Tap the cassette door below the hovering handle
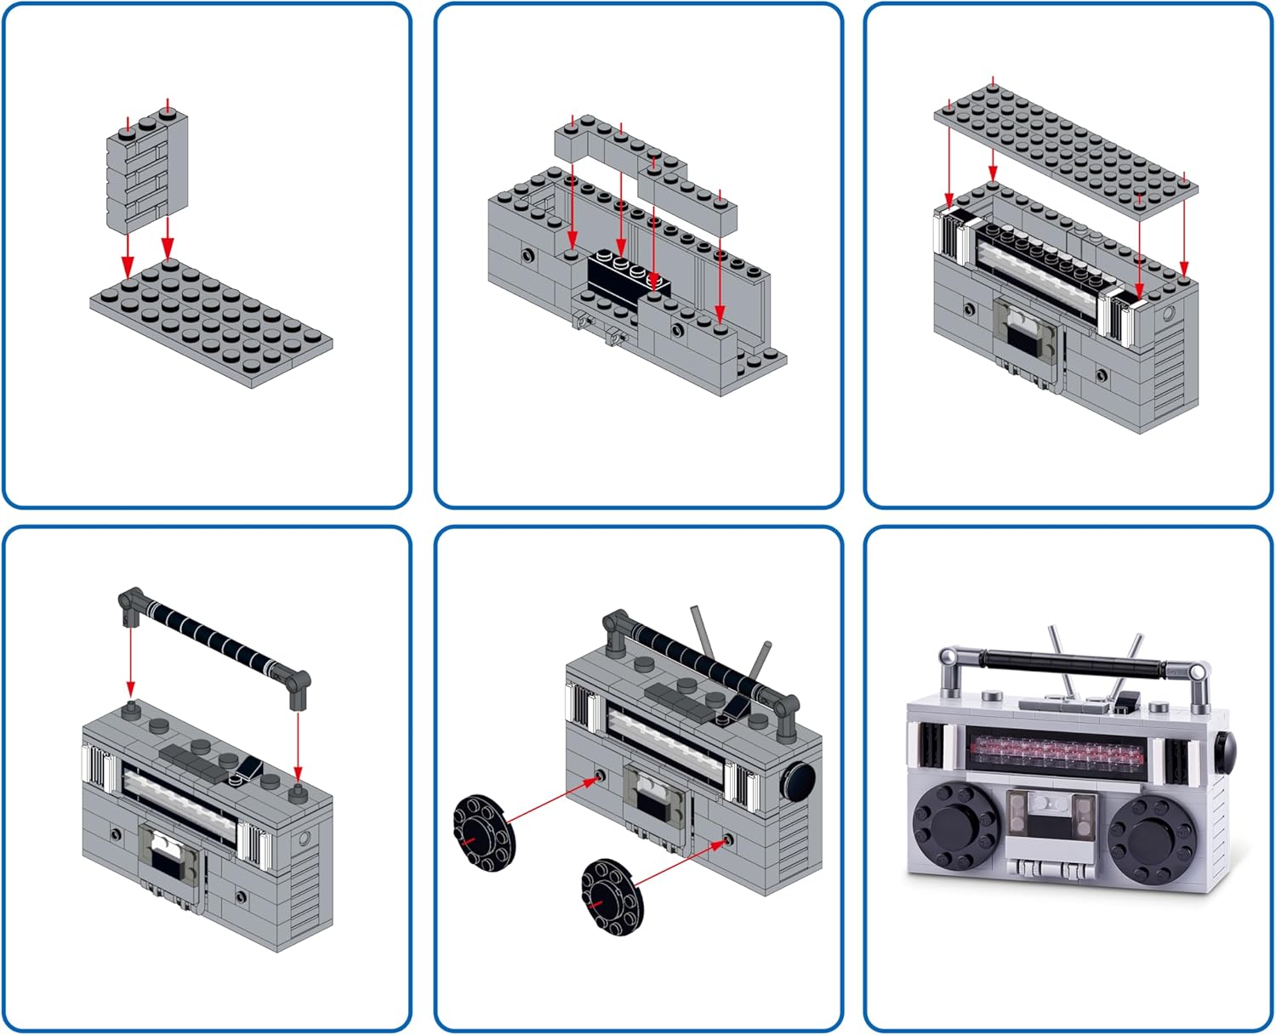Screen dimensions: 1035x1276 point(173,855)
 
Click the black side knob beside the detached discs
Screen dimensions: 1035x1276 point(798,781)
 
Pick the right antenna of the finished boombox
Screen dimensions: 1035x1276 point(1128,659)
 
